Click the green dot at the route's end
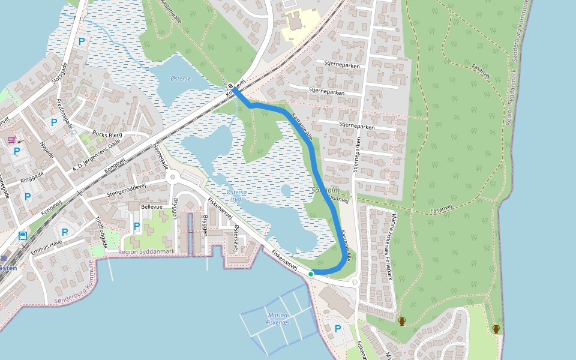[x=311, y=274]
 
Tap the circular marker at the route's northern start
[x=230, y=86]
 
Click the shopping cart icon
[x=11, y=140]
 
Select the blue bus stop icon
[x=23, y=236]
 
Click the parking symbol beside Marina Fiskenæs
[x=337, y=329]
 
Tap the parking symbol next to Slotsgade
[x=82, y=41]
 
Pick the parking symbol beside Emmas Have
[x=65, y=232]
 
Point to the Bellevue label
[x=152, y=206]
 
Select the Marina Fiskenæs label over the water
[x=278, y=319]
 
